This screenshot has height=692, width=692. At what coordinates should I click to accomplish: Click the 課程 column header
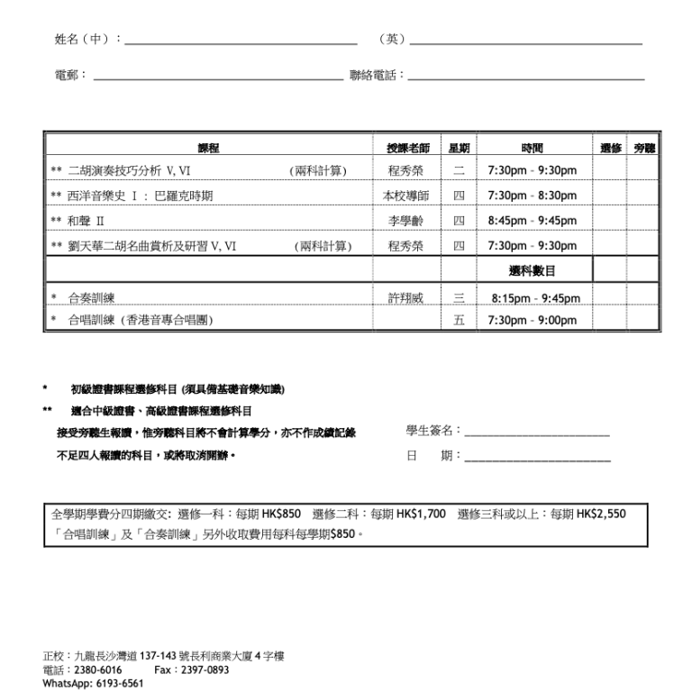(x=208, y=148)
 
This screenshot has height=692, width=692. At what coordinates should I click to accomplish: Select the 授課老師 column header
(x=405, y=148)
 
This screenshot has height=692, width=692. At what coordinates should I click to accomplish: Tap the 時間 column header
(x=532, y=148)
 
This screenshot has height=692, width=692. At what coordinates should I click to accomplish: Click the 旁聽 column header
(x=644, y=148)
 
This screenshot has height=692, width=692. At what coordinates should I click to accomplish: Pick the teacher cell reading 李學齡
(x=405, y=221)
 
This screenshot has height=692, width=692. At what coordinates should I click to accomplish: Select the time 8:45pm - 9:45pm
(x=532, y=221)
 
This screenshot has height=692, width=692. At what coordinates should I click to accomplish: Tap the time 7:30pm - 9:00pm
(x=532, y=321)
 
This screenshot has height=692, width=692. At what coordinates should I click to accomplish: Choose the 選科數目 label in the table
(x=532, y=270)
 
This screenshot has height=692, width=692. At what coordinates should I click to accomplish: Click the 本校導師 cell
(x=405, y=196)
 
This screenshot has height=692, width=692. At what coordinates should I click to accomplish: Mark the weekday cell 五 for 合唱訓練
(x=459, y=321)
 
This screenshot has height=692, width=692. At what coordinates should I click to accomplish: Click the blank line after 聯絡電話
(x=526, y=77)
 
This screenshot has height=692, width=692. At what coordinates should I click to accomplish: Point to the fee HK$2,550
(x=601, y=514)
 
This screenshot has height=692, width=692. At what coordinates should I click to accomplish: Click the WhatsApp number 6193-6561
(x=119, y=684)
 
